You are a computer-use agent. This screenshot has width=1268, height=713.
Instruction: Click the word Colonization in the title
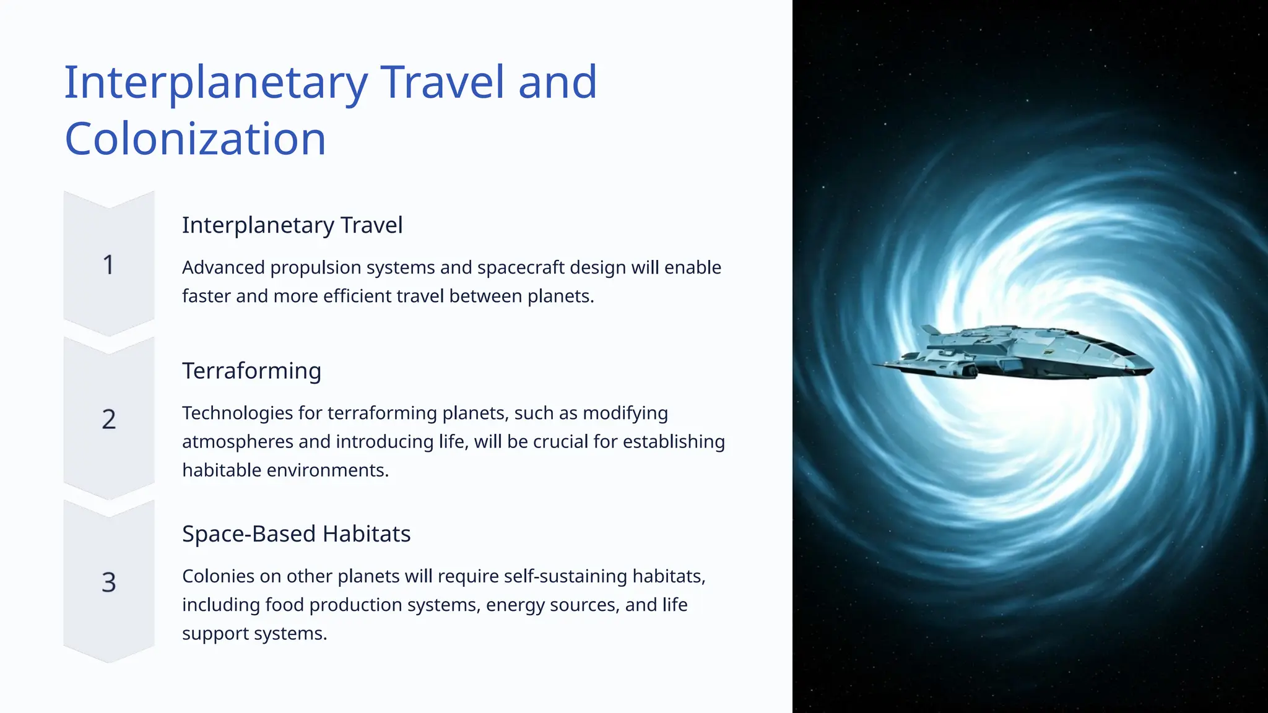point(195,139)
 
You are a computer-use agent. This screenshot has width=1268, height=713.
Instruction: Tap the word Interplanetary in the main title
point(215,83)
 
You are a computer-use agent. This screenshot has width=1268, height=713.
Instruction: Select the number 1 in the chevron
point(108,265)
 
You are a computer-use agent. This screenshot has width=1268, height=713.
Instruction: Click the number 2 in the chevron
point(108,420)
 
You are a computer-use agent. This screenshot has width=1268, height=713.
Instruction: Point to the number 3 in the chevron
point(108,582)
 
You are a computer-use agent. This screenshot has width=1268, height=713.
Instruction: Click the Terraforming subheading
point(251,371)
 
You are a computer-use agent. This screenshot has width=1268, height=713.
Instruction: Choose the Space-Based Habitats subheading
point(296,534)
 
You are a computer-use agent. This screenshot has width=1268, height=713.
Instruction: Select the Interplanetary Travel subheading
point(292,225)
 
